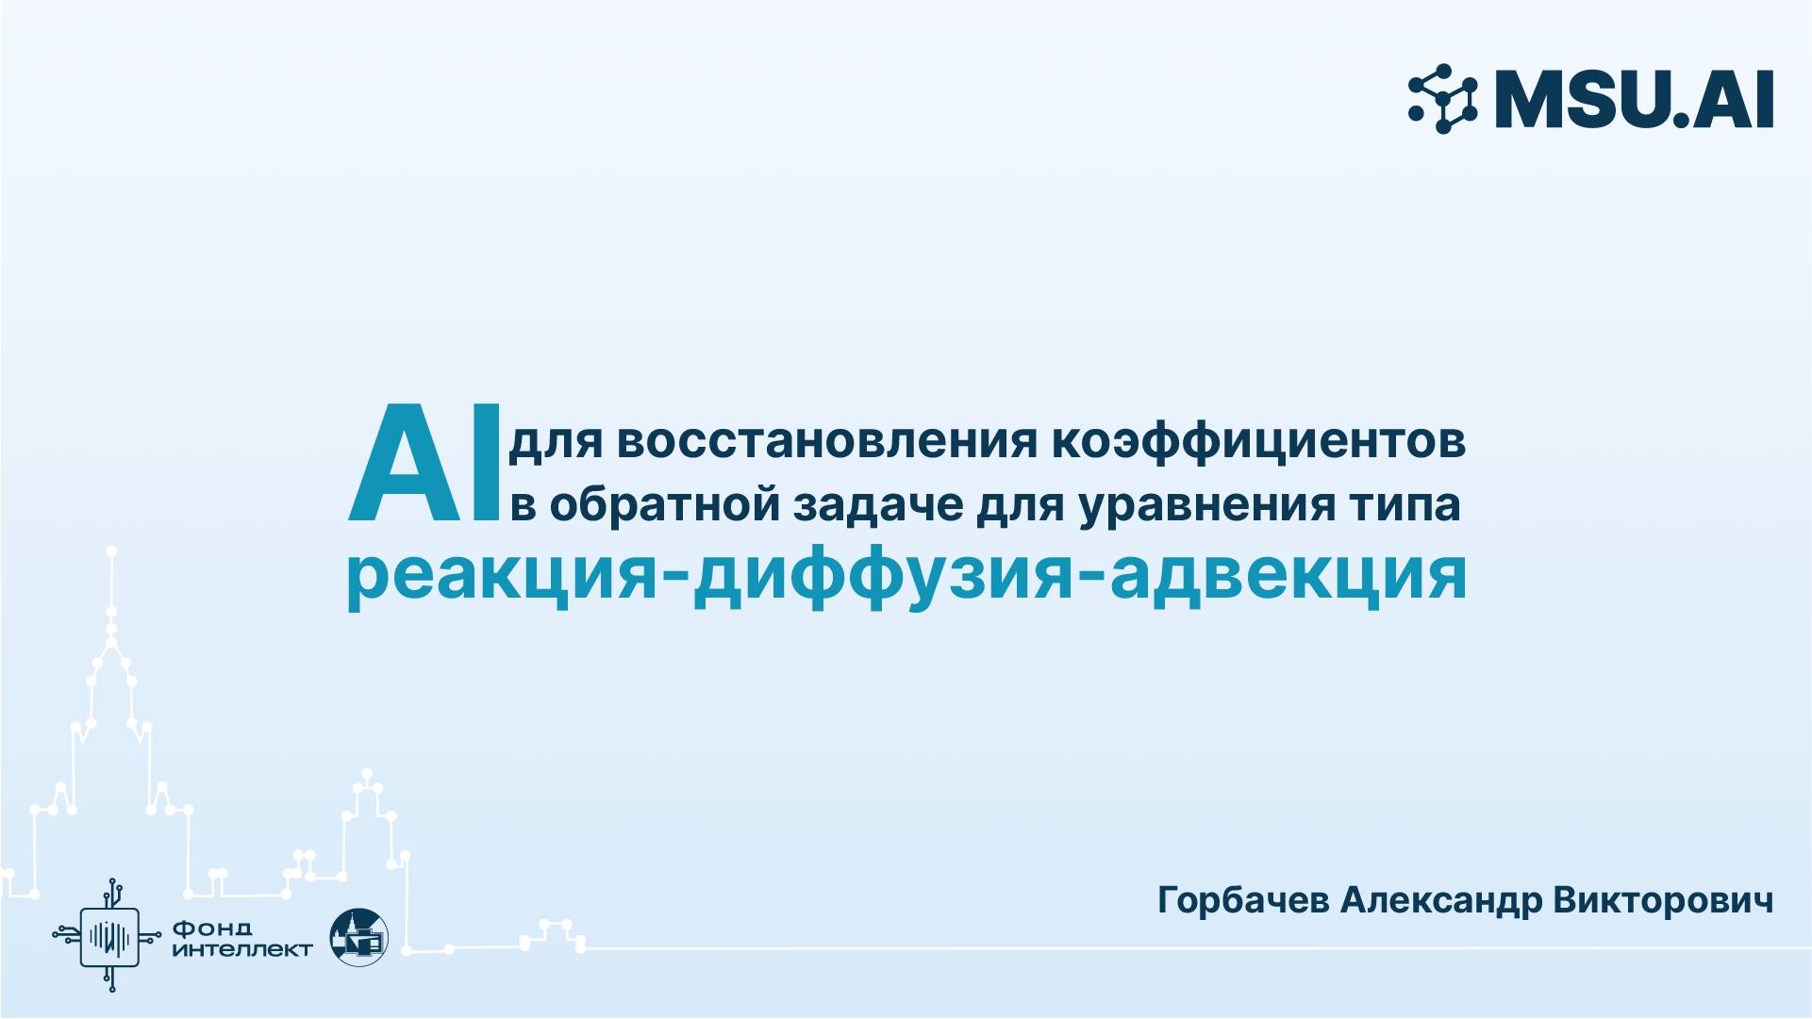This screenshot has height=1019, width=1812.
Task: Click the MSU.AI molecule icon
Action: (x=1443, y=98)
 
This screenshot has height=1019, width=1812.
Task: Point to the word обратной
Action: (x=665, y=504)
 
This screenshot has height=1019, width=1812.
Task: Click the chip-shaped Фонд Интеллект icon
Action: (x=111, y=935)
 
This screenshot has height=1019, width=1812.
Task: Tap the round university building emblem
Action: (x=358, y=936)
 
